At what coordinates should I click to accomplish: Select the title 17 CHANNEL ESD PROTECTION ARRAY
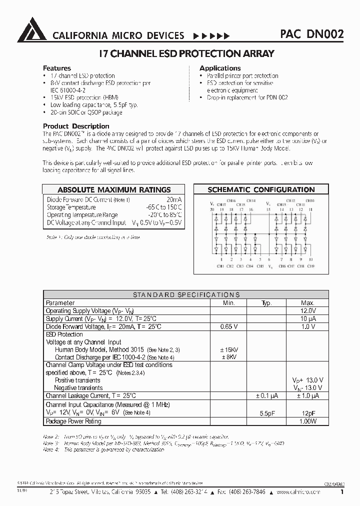[x=179, y=53]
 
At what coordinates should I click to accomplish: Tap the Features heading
[x=57, y=68]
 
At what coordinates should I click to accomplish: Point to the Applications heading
[x=220, y=68]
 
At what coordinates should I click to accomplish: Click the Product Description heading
[x=76, y=126]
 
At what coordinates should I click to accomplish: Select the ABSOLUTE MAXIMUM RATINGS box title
[x=114, y=190]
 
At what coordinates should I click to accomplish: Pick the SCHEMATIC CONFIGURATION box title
[x=261, y=190]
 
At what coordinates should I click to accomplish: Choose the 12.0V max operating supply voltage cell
[x=307, y=310]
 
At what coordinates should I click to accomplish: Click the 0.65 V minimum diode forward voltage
[x=228, y=326]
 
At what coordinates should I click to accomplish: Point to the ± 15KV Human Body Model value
[x=228, y=349]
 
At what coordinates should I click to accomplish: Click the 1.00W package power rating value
[x=307, y=421]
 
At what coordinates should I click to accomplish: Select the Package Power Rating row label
[x=73, y=421]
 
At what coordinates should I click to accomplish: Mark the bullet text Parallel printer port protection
[x=242, y=76]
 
